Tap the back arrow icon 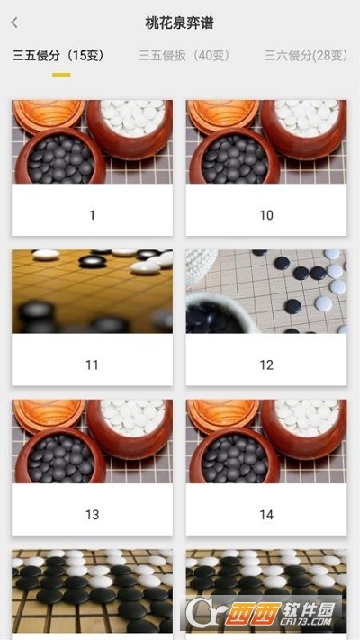click(14, 23)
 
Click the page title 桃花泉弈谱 click(179, 23)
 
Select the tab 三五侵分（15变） click(58, 55)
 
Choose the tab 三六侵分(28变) click(306, 55)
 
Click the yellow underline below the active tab click(61, 74)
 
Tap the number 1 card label click(92, 215)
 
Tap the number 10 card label click(266, 215)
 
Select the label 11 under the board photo click(92, 365)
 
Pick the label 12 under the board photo click(266, 365)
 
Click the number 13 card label click(92, 514)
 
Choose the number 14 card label click(266, 514)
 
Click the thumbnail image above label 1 click(92, 141)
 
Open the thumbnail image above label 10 click(266, 141)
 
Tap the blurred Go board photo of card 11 click(92, 292)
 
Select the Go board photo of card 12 click(266, 292)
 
